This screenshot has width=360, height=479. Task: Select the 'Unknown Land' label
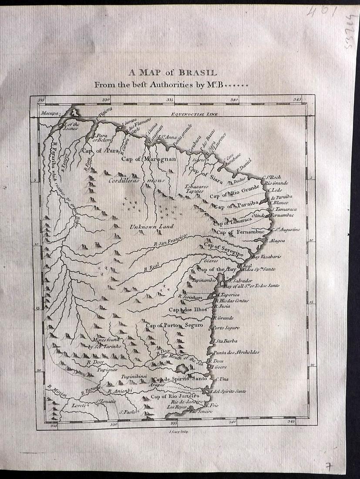pos(151,226)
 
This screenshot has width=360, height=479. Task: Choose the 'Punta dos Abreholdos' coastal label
pos(236,352)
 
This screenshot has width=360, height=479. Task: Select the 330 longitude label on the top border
pos(104,100)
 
